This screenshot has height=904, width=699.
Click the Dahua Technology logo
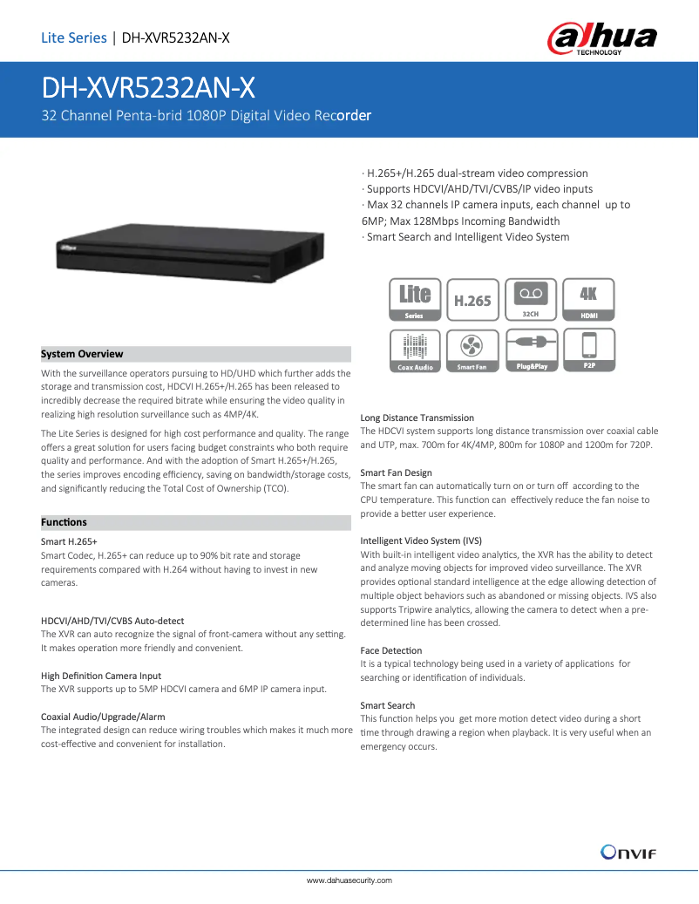[x=601, y=38]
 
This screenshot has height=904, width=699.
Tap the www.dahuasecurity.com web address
[x=349, y=880]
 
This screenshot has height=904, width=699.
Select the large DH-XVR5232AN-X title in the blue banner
[x=149, y=88]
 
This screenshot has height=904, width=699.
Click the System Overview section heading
[x=82, y=354]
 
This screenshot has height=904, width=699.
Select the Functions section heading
[x=64, y=522]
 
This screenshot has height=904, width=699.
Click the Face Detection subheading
[x=390, y=650]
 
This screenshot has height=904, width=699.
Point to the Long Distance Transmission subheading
[x=417, y=418]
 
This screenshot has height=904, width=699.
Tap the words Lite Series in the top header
[x=73, y=37]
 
